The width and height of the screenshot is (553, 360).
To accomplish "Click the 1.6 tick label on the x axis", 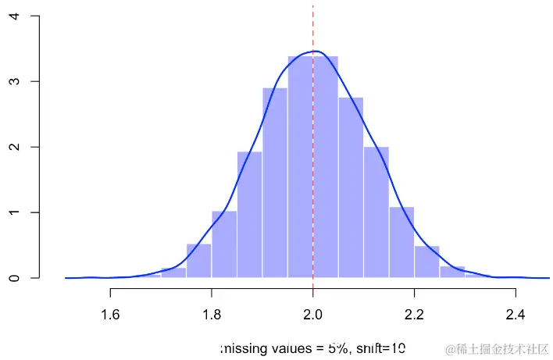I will [x=110, y=315].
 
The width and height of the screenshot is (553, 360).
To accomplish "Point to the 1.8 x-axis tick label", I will [x=212, y=315].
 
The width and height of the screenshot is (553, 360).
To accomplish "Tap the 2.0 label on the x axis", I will [x=313, y=315].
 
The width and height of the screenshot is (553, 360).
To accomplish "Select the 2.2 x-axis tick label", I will [x=414, y=315].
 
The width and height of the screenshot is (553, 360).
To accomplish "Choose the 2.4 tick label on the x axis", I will [x=516, y=315].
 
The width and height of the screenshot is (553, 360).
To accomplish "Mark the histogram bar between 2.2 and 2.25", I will [x=426, y=262].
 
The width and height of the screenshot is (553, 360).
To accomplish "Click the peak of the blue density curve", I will [x=314, y=52].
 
